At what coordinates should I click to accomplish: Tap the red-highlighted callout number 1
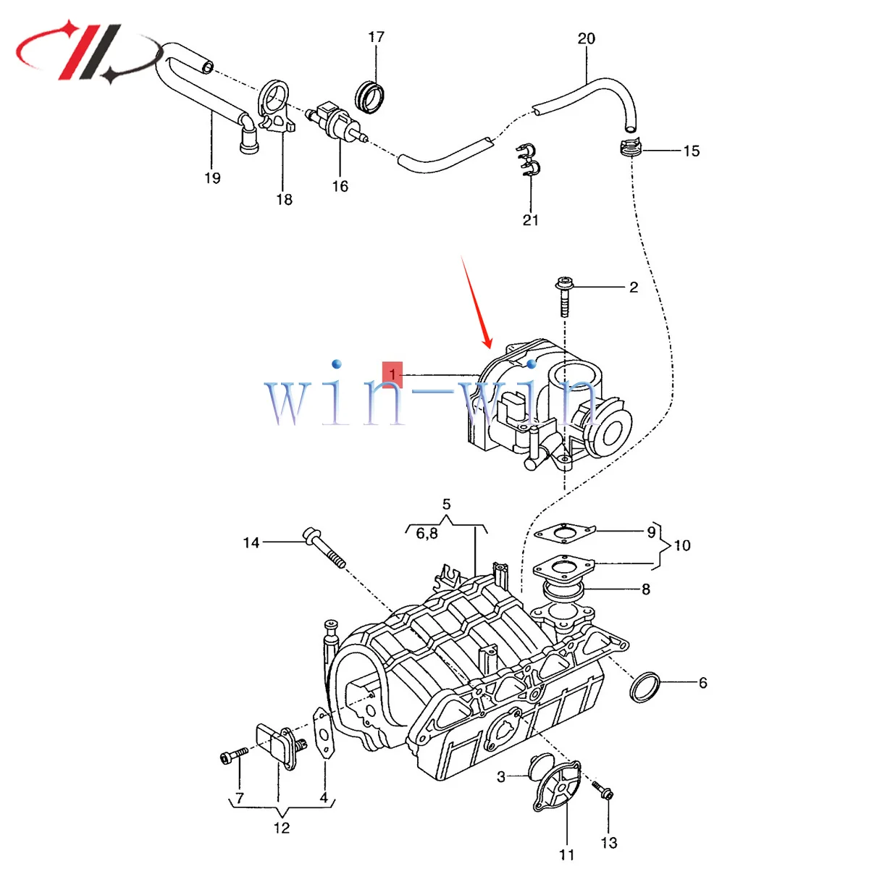click(392, 374)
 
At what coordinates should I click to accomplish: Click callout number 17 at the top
click(376, 37)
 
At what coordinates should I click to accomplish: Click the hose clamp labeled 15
click(631, 148)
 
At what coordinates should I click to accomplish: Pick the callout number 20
click(587, 38)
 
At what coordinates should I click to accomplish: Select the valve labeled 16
click(335, 121)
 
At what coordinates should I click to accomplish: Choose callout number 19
click(212, 178)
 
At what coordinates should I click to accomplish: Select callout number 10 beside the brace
click(682, 545)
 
